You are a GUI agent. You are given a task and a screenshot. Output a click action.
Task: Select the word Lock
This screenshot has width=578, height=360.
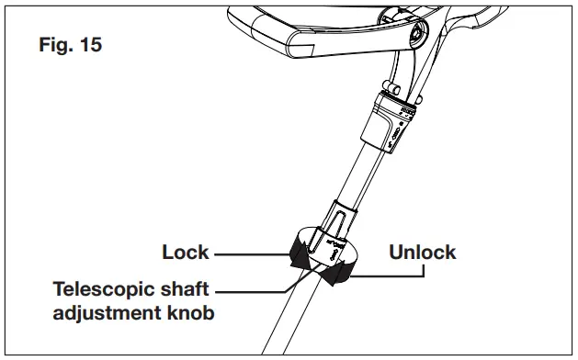[187, 251]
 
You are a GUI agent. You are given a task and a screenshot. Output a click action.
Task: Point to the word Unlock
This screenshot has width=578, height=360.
[422, 251]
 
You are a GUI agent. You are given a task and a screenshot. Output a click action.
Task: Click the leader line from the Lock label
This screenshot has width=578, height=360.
[248, 252]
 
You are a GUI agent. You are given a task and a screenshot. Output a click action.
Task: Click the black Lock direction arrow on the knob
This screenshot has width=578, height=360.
[297, 250]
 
